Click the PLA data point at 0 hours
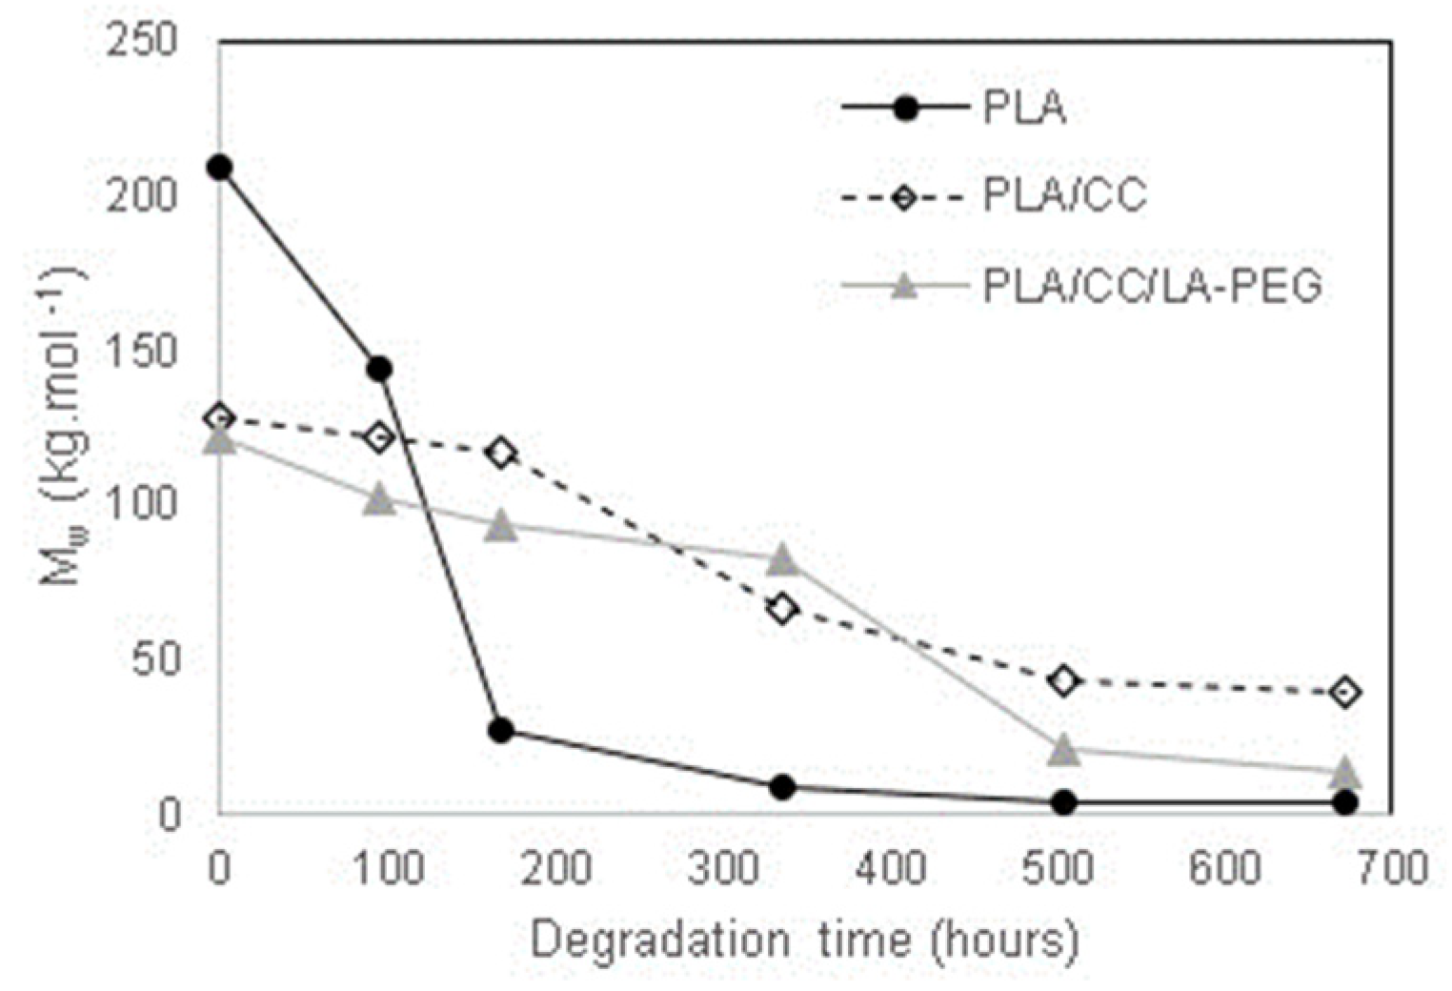pyautogui.click(x=219, y=168)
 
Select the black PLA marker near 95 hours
pyautogui.click(x=379, y=369)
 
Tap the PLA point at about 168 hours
pyautogui.click(x=501, y=731)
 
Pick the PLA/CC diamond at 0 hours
pyautogui.click(x=219, y=417)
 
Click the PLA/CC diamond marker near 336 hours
pyautogui.click(x=782, y=608)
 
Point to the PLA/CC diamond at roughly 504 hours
pyautogui.click(x=1063, y=680)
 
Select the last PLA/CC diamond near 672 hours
pyautogui.click(x=1345, y=692)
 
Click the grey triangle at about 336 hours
pyautogui.click(x=782, y=560)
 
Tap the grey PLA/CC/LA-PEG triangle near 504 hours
pyautogui.click(x=1063, y=750)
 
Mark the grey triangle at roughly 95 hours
pyautogui.click(x=379, y=498)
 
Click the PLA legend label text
pyautogui.click(x=1023, y=109)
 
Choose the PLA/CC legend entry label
pyautogui.click(x=1064, y=197)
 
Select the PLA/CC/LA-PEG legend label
pyautogui.click(x=1152, y=286)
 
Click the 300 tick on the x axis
pyautogui.click(x=724, y=869)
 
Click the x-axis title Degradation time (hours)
pyautogui.click(x=804, y=940)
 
